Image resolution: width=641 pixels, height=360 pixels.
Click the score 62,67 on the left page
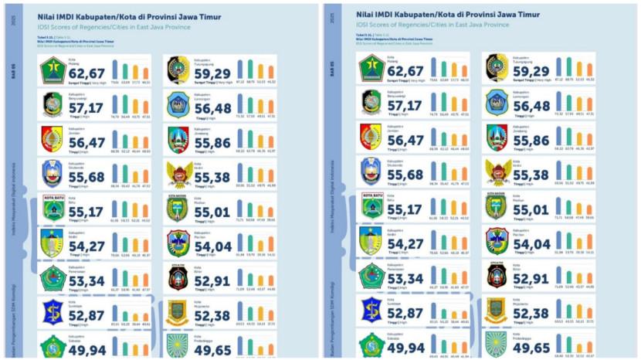85,73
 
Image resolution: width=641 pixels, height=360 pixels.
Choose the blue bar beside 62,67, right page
433,68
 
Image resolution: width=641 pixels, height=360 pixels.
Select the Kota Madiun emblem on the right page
497,206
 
